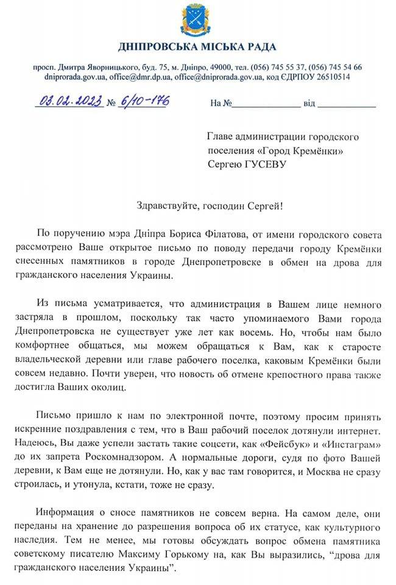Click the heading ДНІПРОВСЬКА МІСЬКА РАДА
[x=197, y=47]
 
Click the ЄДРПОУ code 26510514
[x=330, y=77]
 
